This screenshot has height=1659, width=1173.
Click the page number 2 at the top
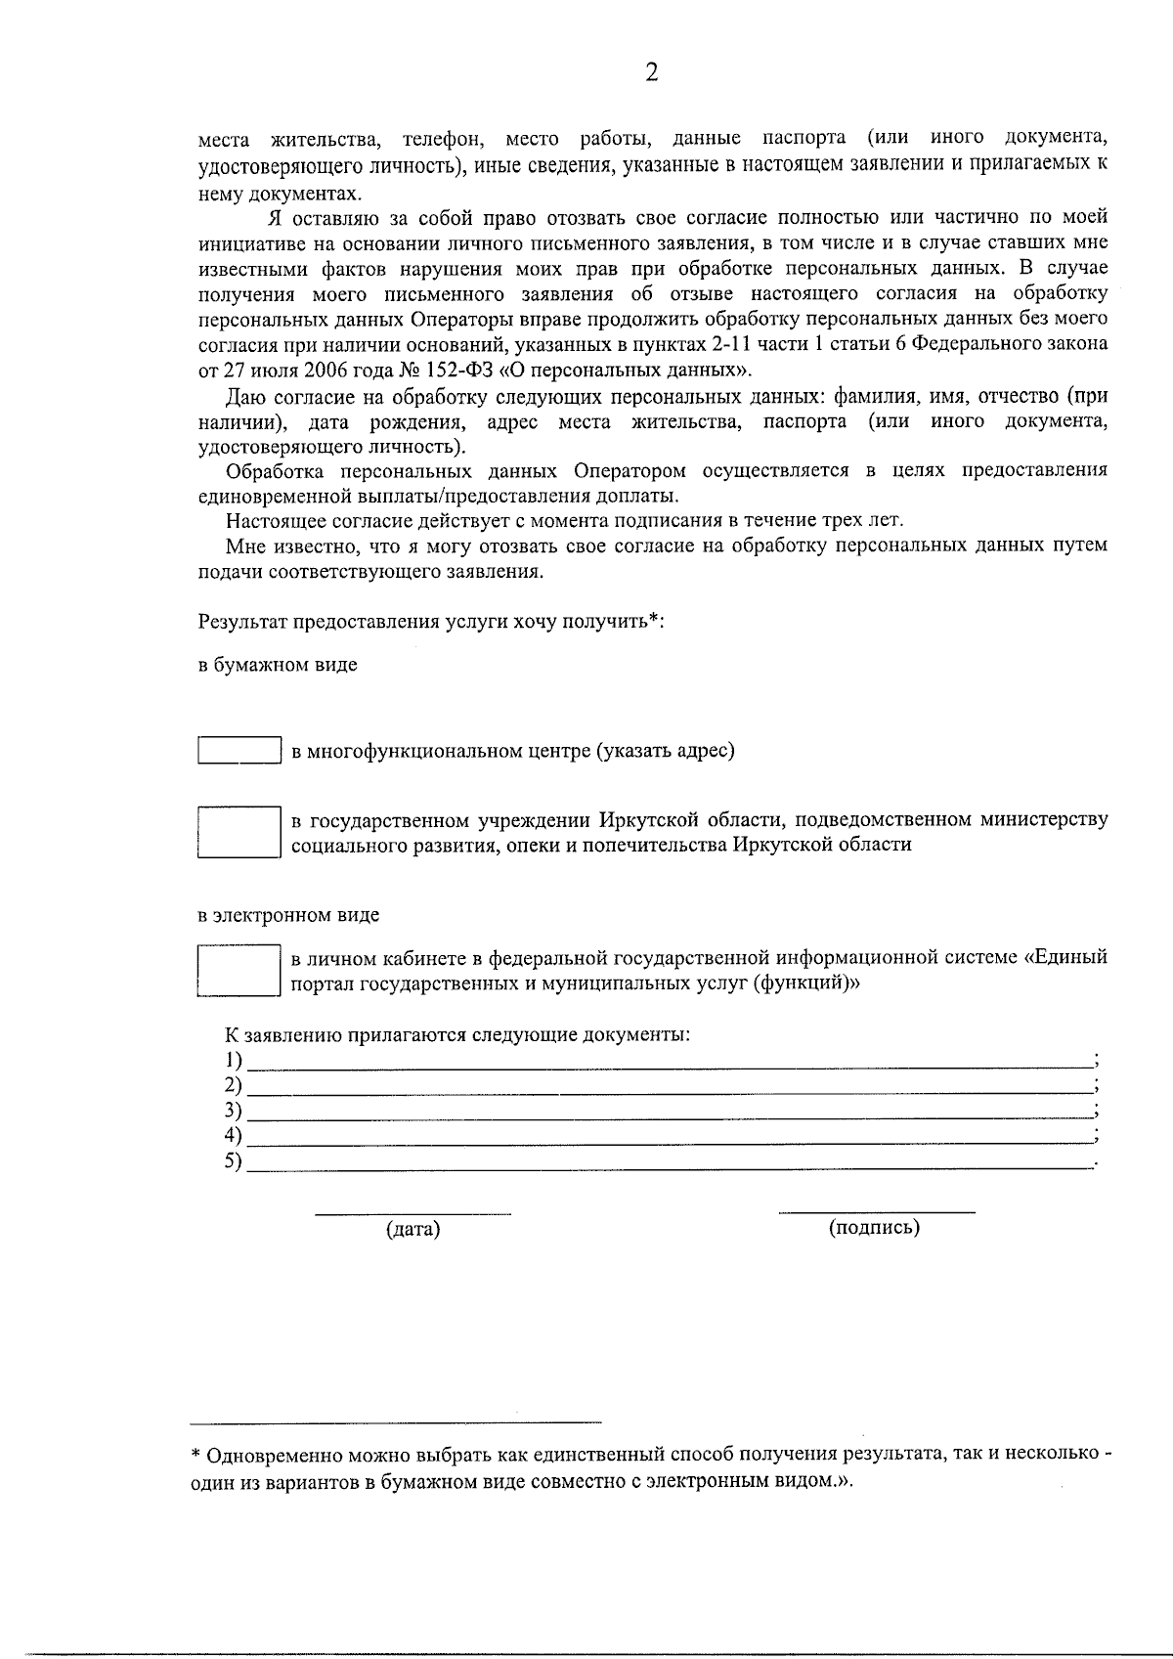click(x=652, y=73)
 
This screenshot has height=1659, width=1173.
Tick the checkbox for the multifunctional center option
click(x=239, y=750)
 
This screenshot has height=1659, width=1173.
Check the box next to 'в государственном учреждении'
click(x=239, y=832)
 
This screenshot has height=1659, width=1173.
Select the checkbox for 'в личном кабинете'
click(x=239, y=970)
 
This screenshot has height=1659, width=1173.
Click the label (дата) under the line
click(x=413, y=1230)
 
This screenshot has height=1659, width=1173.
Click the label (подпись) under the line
click(x=874, y=1228)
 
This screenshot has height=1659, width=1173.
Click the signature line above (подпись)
click(x=876, y=1212)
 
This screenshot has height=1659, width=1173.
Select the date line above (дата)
click(x=413, y=1214)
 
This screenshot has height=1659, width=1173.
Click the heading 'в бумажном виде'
click(x=278, y=665)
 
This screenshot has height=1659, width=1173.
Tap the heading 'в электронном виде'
click(x=288, y=916)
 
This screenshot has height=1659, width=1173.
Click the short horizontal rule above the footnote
click(x=396, y=1421)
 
